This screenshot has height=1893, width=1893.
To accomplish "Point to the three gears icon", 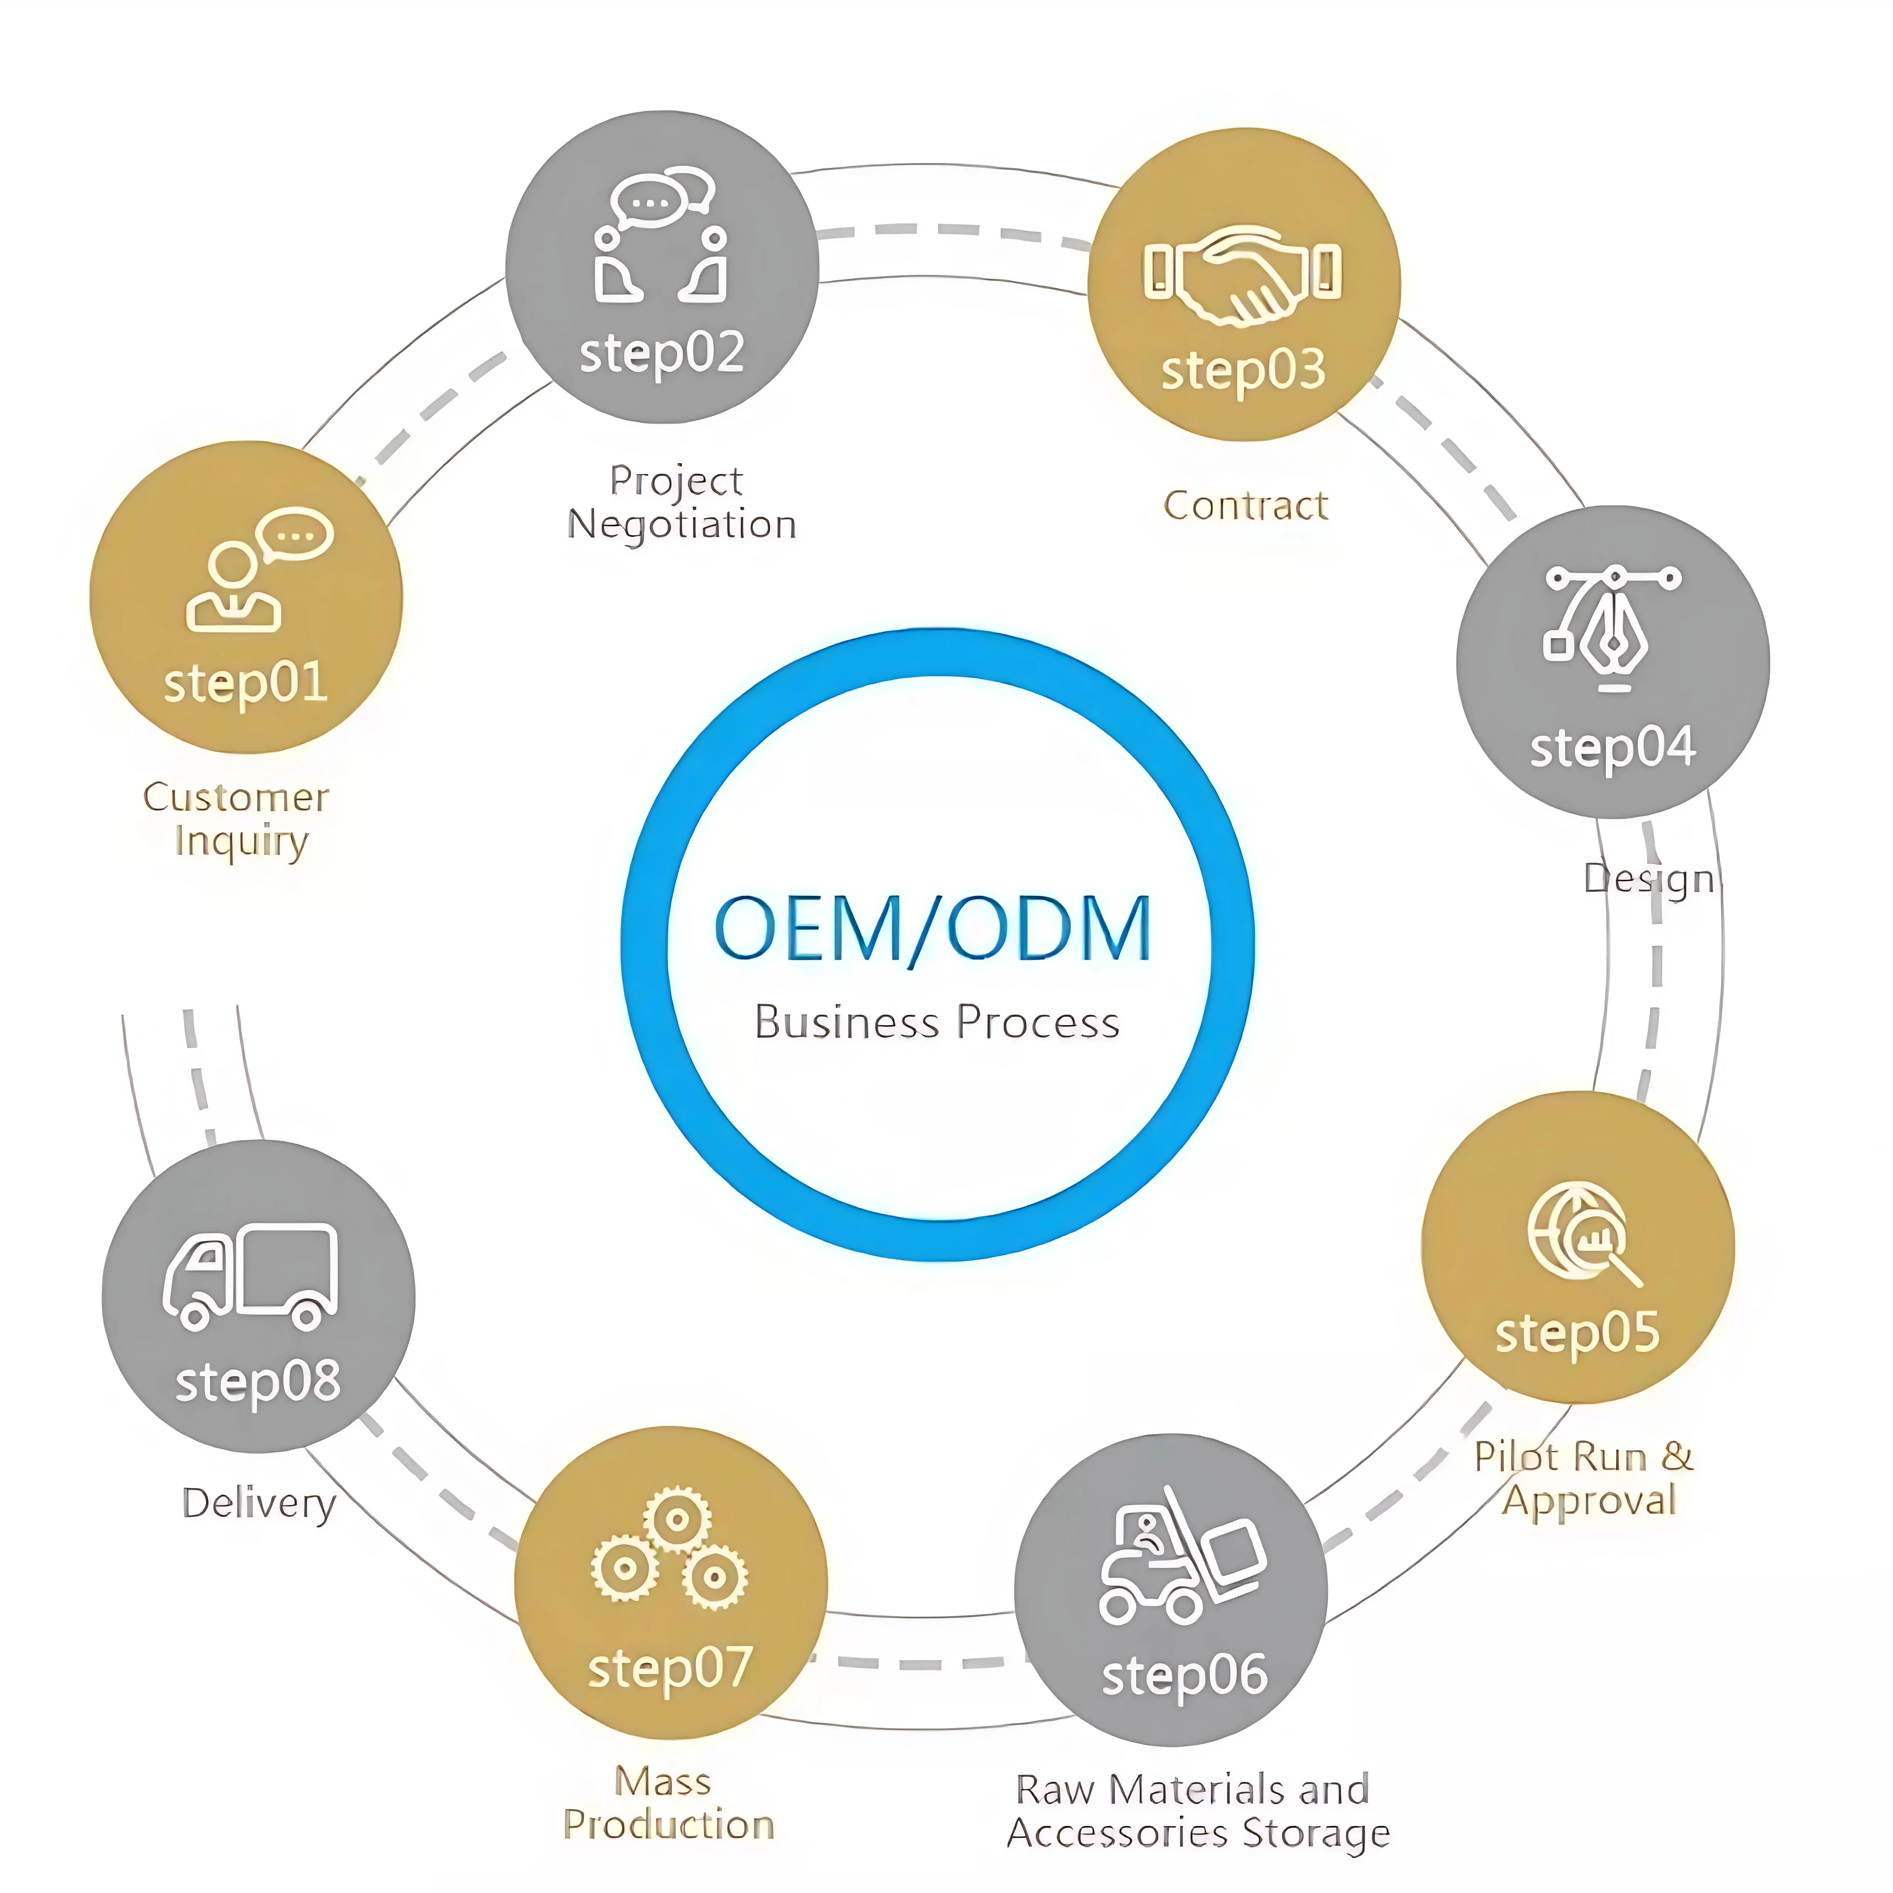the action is [669, 1548].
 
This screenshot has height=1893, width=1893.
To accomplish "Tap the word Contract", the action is [1245, 505].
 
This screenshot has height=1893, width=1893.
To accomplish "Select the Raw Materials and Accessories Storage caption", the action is [1198, 1811].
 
